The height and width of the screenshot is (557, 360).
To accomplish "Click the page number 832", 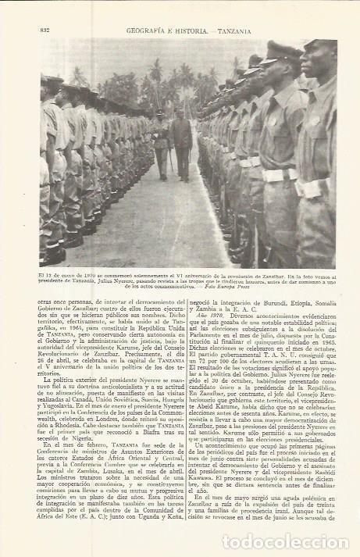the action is tap(44, 30).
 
